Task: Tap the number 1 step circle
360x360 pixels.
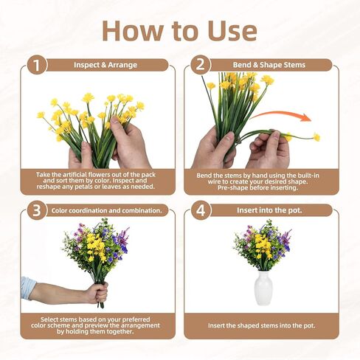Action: pyautogui.click(x=37, y=65)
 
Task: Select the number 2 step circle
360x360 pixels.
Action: pyautogui.click(x=201, y=65)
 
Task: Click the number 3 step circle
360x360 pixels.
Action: pyautogui.click(x=37, y=210)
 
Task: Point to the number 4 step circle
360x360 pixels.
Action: pyautogui.click(x=201, y=210)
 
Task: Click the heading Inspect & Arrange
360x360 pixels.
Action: pyautogui.click(x=105, y=65)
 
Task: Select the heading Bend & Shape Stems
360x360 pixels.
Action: pyautogui.click(x=269, y=65)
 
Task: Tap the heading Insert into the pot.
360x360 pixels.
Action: pyautogui.click(x=269, y=210)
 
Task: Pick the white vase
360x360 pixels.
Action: pyautogui.click(x=263, y=288)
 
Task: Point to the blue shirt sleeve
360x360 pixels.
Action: pyautogui.click(x=28, y=288)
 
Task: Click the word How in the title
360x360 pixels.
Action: pyautogui.click(x=132, y=31)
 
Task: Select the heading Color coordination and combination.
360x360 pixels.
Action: pyautogui.click(x=107, y=210)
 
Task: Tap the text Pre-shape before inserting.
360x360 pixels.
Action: pyautogui.click(x=257, y=187)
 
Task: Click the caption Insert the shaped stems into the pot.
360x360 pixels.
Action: pyautogui.click(x=261, y=325)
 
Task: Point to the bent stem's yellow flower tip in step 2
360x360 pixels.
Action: pyautogui.click(x=316, y=137)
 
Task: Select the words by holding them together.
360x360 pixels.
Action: pyautogui.click(x=95, y=331)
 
